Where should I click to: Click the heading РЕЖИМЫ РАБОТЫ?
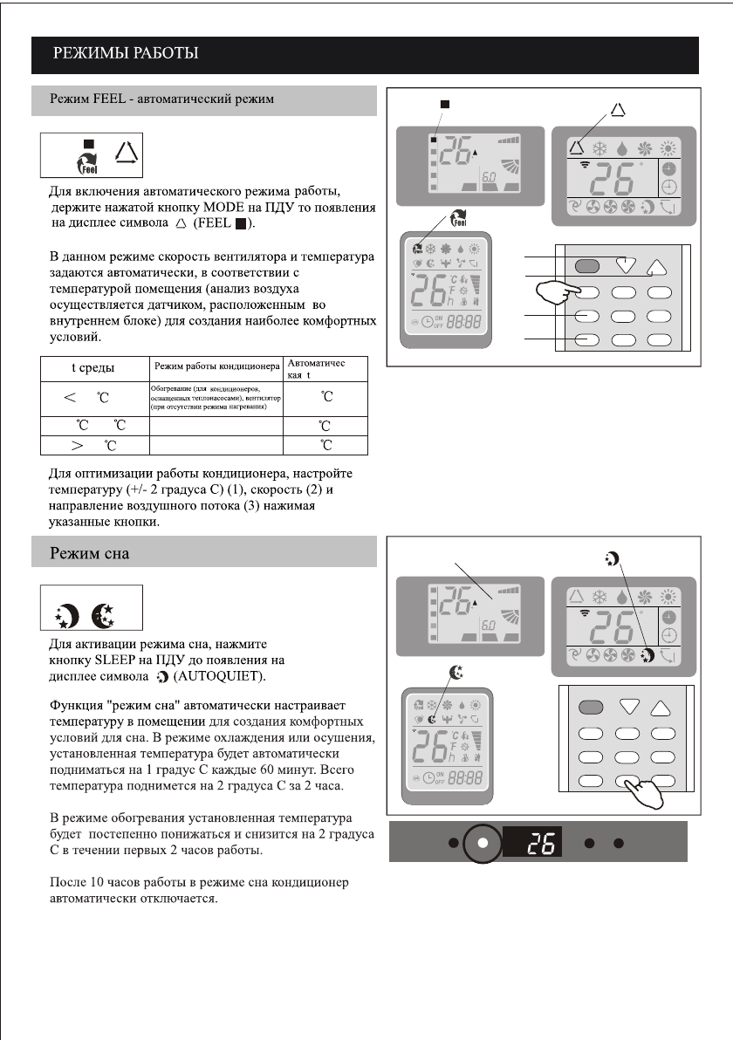(x=127, y=55)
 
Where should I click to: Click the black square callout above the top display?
(x=445, y=104)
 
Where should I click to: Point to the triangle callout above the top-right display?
(x=618, y=110)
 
